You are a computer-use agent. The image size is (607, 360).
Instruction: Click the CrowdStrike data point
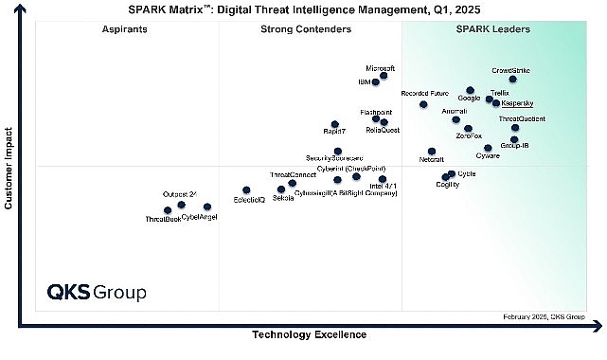click(x=512, y=80)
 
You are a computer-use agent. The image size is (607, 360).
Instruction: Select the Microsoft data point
click(x=384, y=76)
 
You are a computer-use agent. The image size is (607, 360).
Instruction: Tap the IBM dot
click(x=376, y=82)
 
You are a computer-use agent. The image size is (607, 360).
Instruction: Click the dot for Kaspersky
click(x=496, y=102)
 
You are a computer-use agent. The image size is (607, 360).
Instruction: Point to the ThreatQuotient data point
click(x=515, y=128)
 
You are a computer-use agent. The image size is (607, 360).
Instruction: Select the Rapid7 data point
click(x=334, y=124)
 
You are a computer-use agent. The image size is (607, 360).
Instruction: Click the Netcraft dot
click(x=432, y=151)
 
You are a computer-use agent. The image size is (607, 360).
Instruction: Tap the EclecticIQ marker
click(x=246, y=190)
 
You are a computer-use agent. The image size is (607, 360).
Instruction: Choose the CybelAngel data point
click(x=207, y=207)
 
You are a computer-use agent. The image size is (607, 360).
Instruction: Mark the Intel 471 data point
click(x=383, y=179)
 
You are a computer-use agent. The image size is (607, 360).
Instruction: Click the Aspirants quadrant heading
click(x=124, y=30)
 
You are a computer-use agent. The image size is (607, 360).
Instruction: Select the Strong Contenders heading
click(x=305, y=30)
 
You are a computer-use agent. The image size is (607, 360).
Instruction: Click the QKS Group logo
click(x=97, y=292)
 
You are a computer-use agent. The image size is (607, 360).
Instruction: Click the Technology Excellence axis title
click(x=308, y=334)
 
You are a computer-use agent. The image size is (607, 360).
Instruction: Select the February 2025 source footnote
click(x=543, y=316)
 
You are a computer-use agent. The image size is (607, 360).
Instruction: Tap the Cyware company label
click(x=489, y=156)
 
